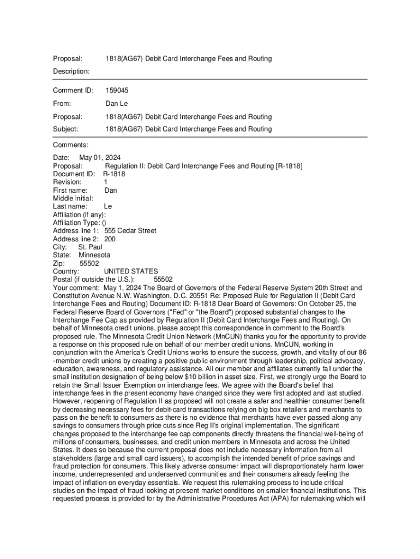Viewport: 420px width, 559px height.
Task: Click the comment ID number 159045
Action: [x=117, y=91]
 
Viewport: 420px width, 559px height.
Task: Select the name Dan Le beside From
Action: [x=116, y=104]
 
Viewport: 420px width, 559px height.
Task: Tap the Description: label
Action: [x=71, y=72]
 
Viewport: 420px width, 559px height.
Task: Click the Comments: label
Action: [x=70, y=145]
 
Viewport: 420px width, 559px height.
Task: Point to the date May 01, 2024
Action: [x=100, y=158]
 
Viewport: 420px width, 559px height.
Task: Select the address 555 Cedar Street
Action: [x=130, y=231]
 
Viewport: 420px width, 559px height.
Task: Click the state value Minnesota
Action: [x=94, y=255]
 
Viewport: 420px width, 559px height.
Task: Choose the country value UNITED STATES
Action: [x=131, y=271]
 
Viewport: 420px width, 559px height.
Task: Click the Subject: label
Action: [x=65, y=129]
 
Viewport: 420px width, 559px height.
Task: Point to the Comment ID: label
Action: [x=73, y=91]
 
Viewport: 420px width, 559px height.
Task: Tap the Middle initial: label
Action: [x=73, y=198]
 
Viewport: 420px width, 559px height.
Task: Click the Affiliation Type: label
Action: [x=76, y=223]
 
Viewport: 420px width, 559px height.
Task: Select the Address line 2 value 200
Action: [x=110, y=239]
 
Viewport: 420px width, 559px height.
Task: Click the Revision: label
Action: [x=67, y=182]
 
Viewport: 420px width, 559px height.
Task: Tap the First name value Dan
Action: [x=111, y=191]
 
